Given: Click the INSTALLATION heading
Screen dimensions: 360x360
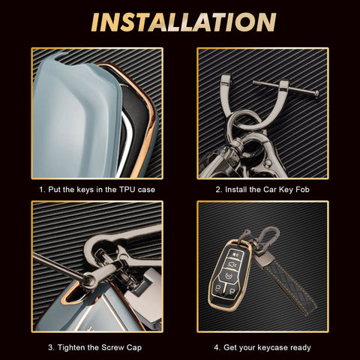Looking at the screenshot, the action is click(x=184, y=22).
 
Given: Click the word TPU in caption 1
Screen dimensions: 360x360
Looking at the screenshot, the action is click(x=127, y=190).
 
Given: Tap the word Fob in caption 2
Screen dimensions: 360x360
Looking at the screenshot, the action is click(x=302, y=190).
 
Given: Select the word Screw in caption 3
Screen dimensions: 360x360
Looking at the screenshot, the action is click(x=112, y=347).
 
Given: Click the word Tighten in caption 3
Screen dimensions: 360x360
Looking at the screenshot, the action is click(x=72, y=348).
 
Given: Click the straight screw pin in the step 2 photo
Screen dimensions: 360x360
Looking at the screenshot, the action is click(x=286, y=89).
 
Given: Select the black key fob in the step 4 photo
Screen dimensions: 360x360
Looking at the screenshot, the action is click(x=229, y=275).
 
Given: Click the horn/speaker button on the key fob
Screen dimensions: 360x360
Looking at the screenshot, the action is click(x=235, y=255).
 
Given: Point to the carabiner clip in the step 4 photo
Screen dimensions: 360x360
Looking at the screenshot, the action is click(x=268, y=237).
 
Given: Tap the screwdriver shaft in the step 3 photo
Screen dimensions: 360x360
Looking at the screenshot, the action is click(x=58, y=265).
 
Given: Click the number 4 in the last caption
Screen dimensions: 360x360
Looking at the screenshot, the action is click(x=217, y=347).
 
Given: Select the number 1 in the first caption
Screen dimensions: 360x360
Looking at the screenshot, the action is click(x=41, y=190).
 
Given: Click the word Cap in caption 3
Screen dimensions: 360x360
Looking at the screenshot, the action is click(x=134, y=348).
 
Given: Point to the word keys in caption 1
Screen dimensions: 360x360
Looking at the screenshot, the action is click(x=85, y=190).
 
